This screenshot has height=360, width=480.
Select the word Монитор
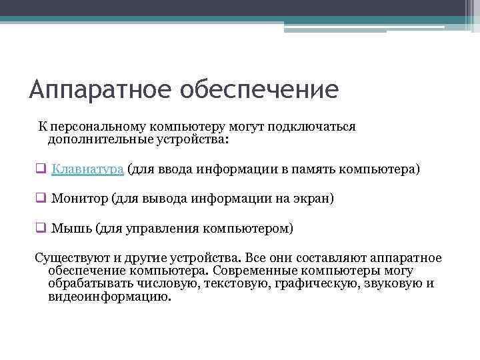[x=79, y=199]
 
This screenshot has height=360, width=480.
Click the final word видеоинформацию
[x=109, y=297]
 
